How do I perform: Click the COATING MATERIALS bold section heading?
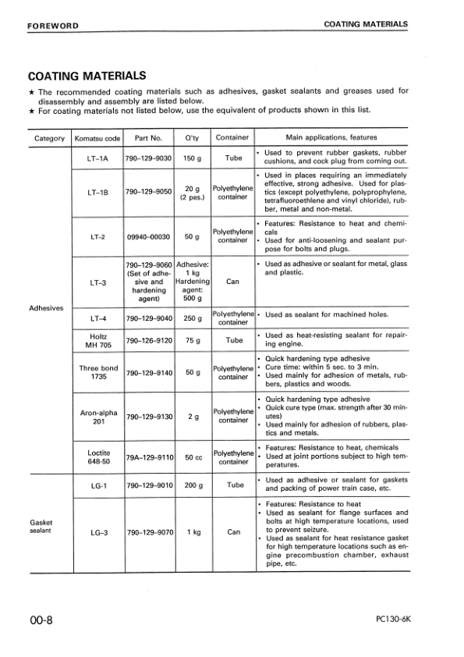(x=87, y=76)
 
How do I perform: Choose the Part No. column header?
(x=148, y=138)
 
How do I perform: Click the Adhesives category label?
(x=46, y=307)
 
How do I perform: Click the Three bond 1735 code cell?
(x=97, y=372)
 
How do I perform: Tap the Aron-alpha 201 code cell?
(x=97, y=416)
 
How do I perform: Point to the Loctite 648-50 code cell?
(x=97, y=456)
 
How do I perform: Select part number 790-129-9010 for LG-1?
(x=148, y=485)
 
